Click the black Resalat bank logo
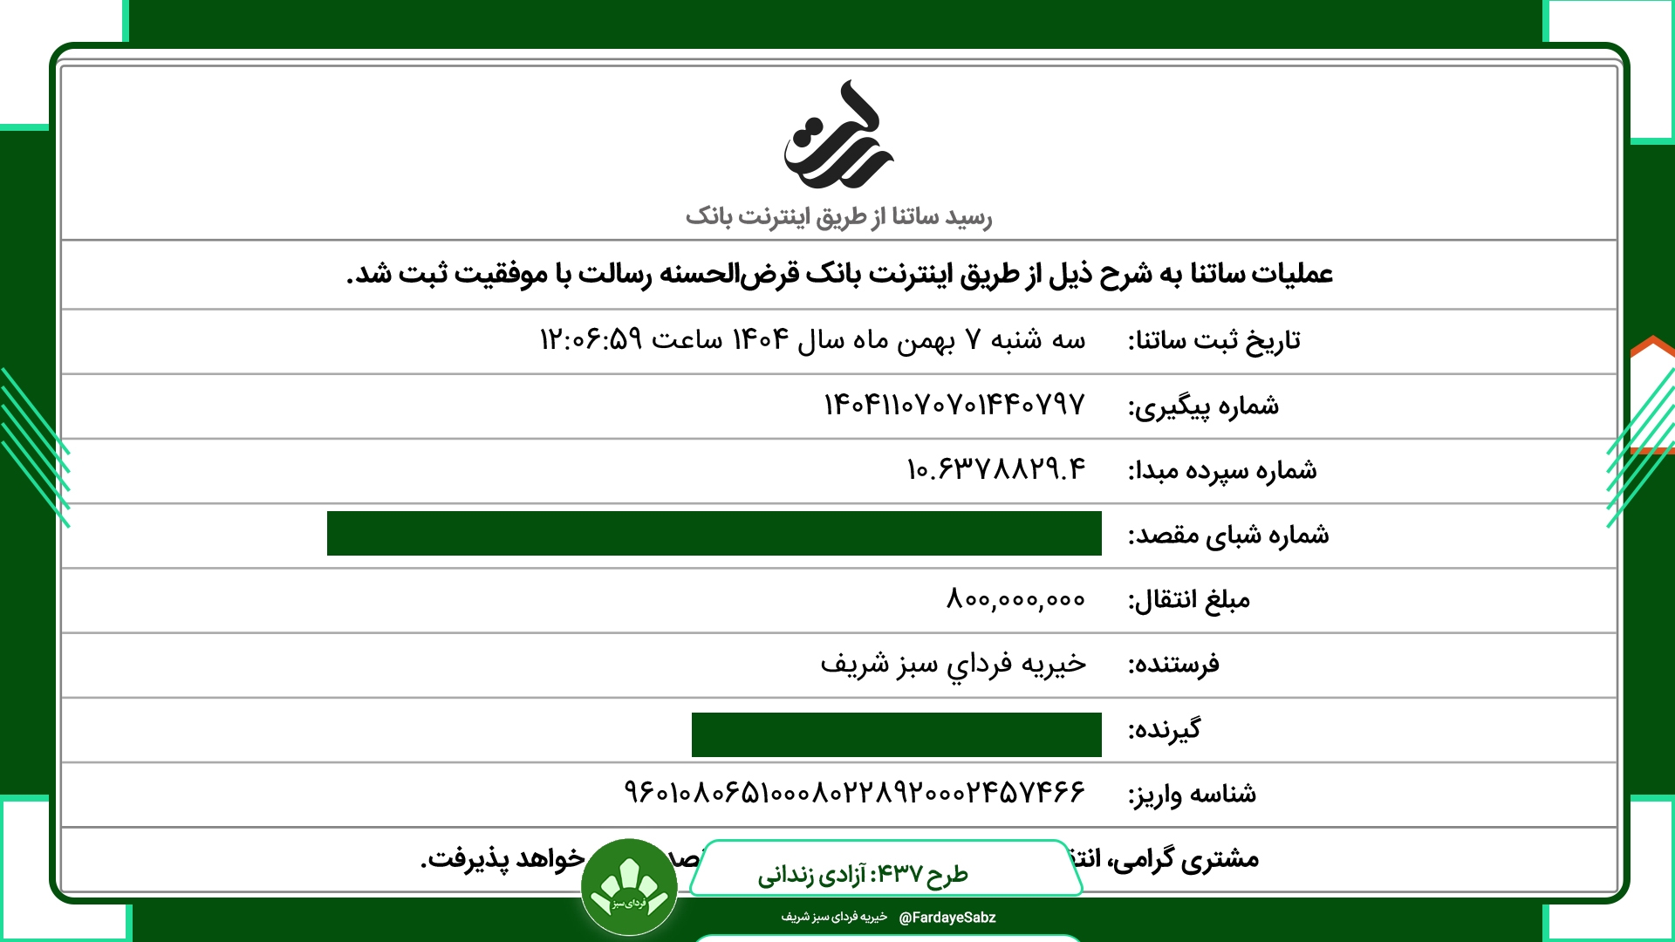pyautogui.click(x=837, y=136)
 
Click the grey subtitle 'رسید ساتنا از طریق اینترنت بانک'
pyautogui.click(x=838, y=216)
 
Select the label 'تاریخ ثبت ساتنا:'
pyautogui.click(x=1214, y=341)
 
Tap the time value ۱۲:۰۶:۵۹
pyautogui.click(x=591, y=339)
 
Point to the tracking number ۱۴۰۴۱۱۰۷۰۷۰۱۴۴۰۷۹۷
pyautogui.click(x=954, y=405)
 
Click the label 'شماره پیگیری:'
pyautogui.click(x=1203, y=406)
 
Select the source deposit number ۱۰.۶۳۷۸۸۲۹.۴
pyautogui.click(x=996, y=469)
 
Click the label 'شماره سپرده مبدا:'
pyautogui.click(x=1221, y=471)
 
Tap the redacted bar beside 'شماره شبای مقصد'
pyautogui.click(x=714, y=534)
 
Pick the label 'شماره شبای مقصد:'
pyautogui.click(x=1227, y=536)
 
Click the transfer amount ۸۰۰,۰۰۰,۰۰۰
pyautogui.click(x=1015, y=599)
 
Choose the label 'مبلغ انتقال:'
pyautogui.click(x=1188, y=600)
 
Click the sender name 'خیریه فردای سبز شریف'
pyautogui.click(x=953, y=665)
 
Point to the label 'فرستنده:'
pyautogui.click(x=1173, y=665)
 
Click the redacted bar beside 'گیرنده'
pyautogui.click(x=896, y=734)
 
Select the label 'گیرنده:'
pyautogui.click(x=1164, y=730)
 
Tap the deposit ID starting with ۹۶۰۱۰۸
pyautogui.click(x=854, y=793)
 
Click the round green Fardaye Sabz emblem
pyautogui.click(x=629, y=887)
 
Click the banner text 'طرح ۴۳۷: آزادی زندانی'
pyautogui.click(x=862, y=874)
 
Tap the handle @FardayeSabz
pyautogui.click(x=947, y=918)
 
